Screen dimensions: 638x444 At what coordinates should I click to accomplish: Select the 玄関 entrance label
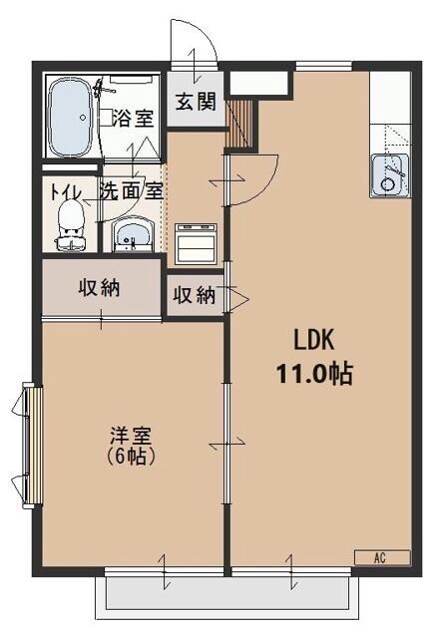194,102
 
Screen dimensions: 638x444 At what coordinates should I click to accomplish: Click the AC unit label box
381,557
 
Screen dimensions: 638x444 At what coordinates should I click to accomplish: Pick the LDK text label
314,338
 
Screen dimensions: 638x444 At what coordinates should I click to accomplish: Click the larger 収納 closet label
100,288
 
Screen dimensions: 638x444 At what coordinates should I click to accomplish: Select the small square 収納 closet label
194,295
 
